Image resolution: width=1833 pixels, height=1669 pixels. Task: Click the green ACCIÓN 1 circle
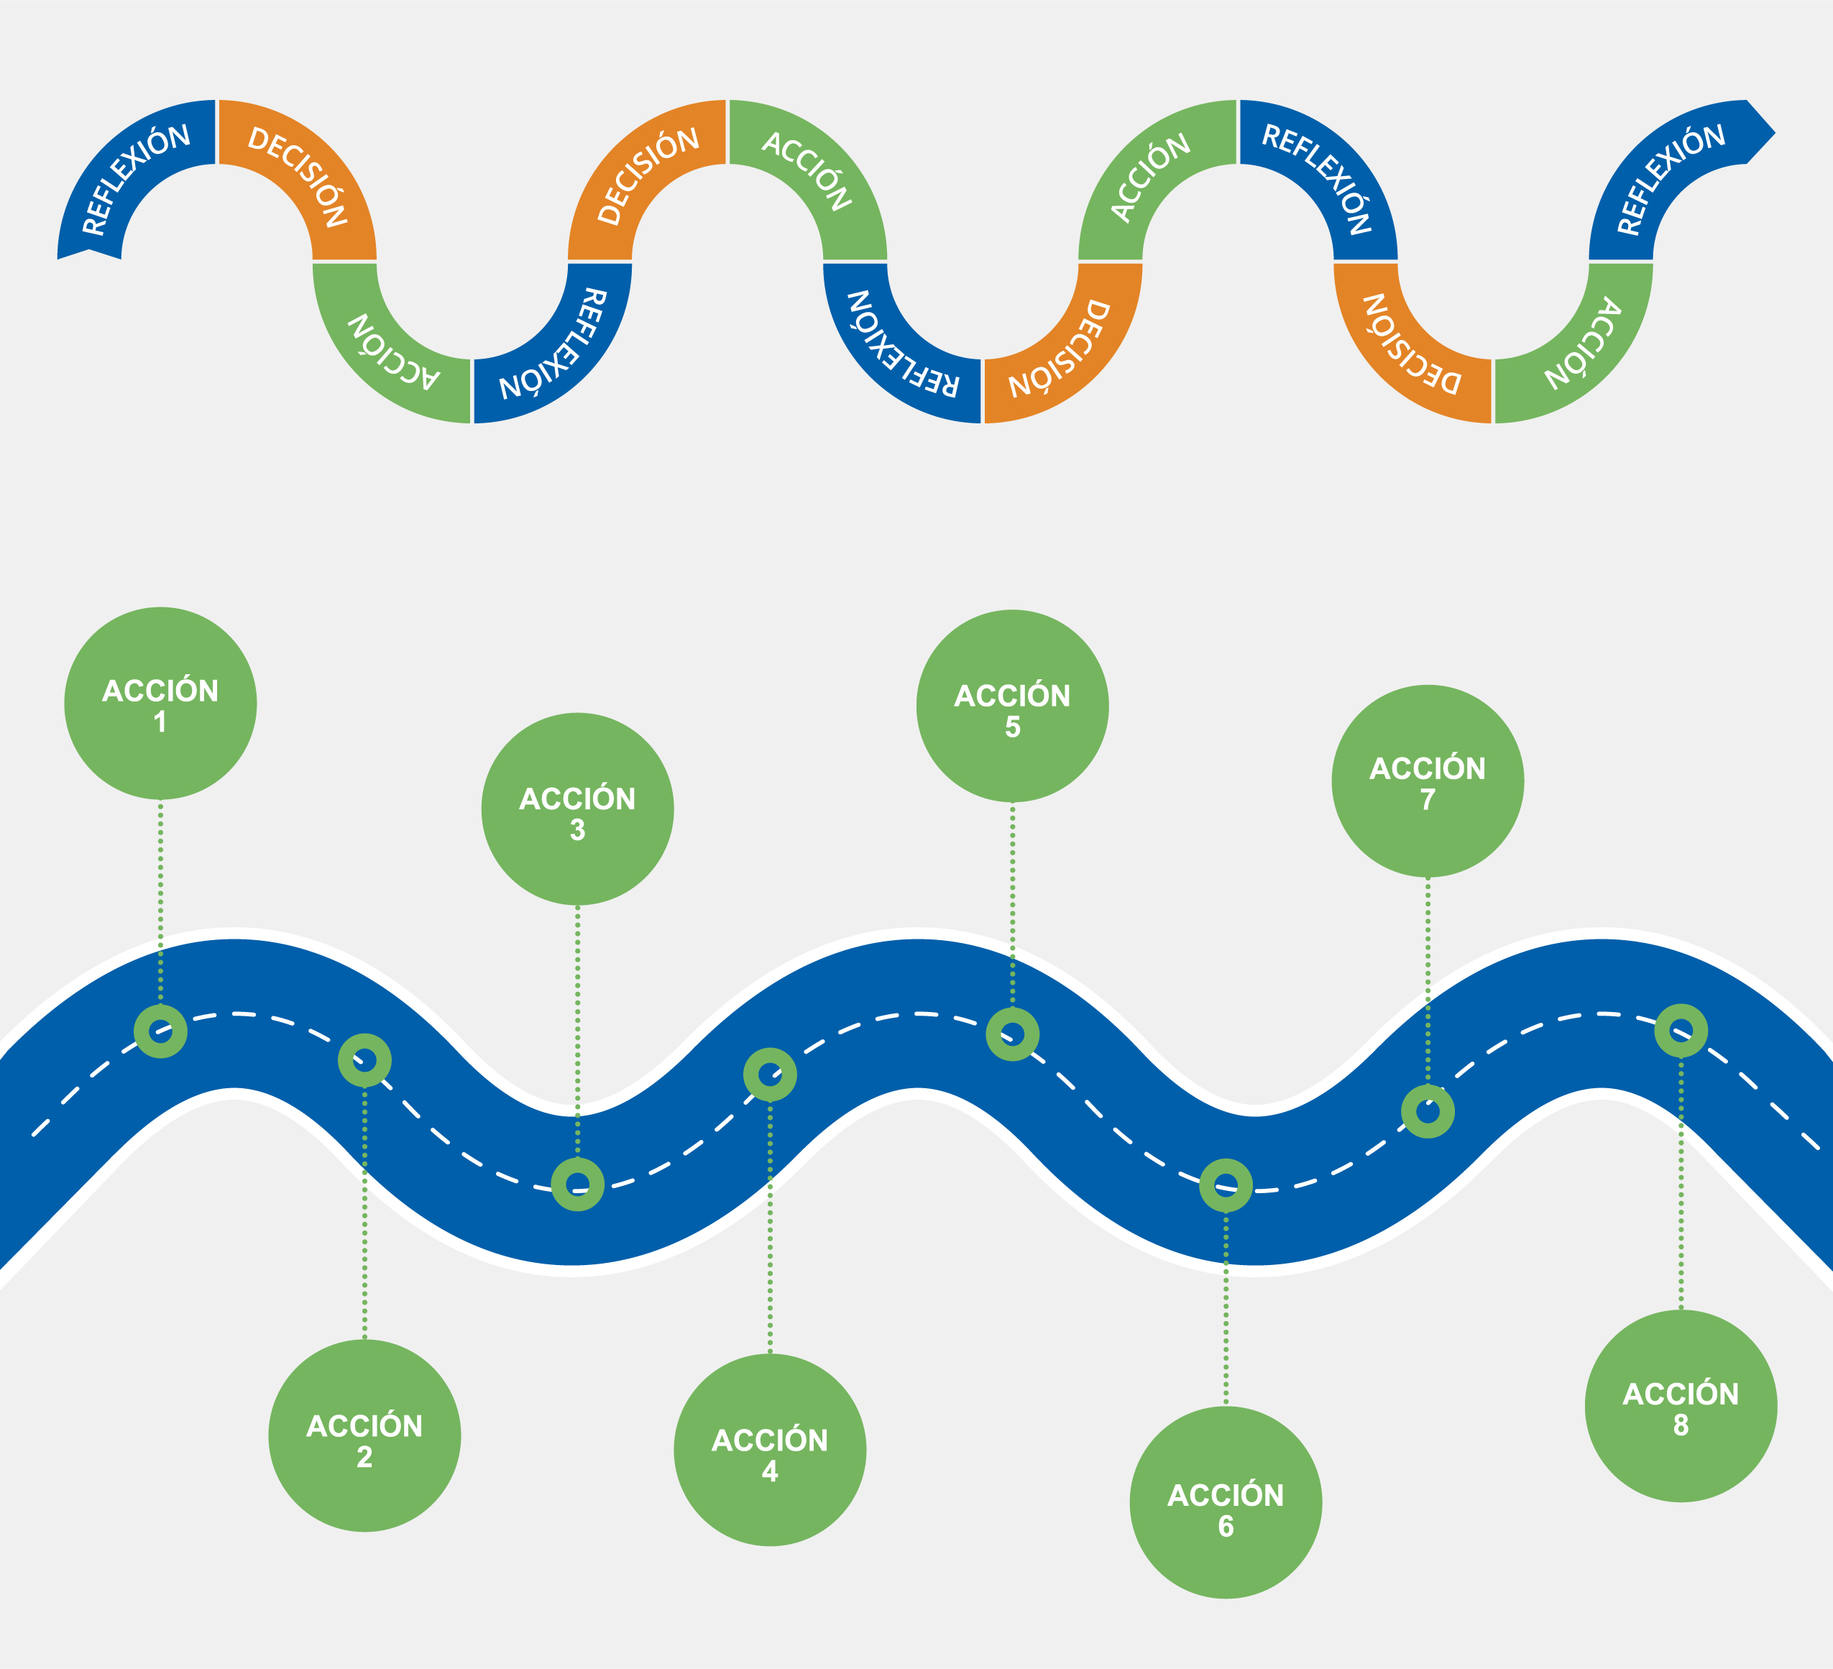160,704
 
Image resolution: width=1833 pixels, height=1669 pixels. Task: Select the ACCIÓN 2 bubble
364,1436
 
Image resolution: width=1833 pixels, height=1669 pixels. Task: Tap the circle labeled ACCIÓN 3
577,809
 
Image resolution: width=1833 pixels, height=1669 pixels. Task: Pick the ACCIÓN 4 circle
770,1450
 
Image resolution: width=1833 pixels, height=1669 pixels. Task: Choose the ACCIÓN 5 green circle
1012,707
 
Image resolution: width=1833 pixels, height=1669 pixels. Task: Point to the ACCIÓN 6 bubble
1226,1503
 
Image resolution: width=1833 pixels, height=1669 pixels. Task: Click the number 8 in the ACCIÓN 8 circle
1681,1425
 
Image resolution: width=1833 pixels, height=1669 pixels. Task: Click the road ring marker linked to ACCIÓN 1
161,1031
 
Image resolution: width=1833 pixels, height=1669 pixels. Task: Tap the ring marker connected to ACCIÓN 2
364,1060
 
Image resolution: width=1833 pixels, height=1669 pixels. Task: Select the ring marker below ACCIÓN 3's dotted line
577,1185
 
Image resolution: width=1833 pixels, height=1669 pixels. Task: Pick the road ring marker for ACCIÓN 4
770,1075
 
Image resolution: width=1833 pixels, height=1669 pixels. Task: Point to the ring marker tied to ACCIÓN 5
1012,1034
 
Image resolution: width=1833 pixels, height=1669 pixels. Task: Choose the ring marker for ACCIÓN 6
1226,1185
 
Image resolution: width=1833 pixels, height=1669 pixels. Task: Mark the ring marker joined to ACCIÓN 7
1428,1111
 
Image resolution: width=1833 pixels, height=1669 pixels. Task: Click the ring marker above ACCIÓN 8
1681,1031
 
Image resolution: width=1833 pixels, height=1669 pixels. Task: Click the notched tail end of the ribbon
89,251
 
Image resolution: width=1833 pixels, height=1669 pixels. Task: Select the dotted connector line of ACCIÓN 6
1226,1309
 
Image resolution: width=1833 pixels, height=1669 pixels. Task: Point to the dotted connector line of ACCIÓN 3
577,1027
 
